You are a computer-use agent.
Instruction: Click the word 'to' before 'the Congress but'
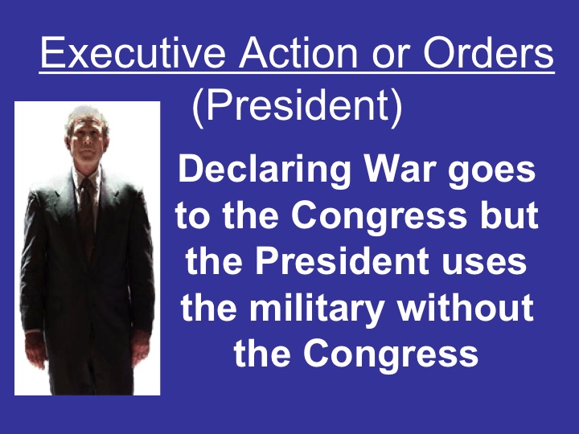coord(191,217)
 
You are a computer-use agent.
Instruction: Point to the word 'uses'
coord(495,264)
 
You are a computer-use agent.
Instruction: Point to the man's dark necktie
coord(87,209)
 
